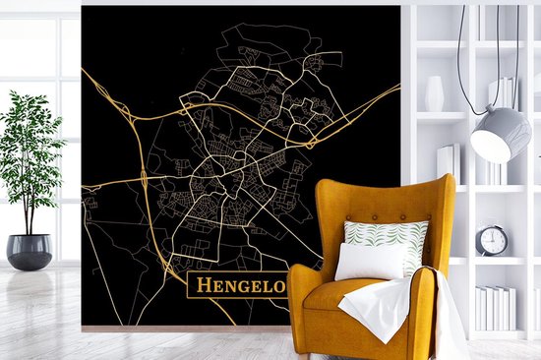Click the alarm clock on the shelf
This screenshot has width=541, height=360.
492,239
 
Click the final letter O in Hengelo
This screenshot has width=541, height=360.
278,287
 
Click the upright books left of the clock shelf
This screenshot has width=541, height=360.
449,162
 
